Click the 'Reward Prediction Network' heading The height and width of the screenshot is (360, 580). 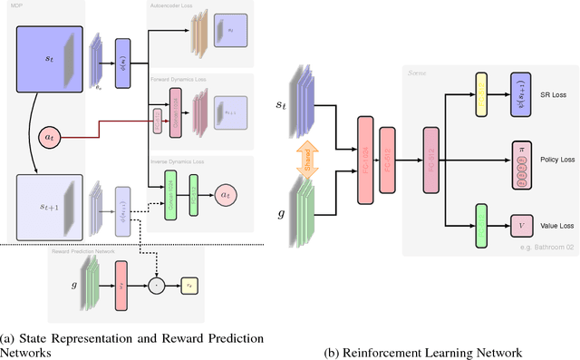[x=84, y=250]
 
